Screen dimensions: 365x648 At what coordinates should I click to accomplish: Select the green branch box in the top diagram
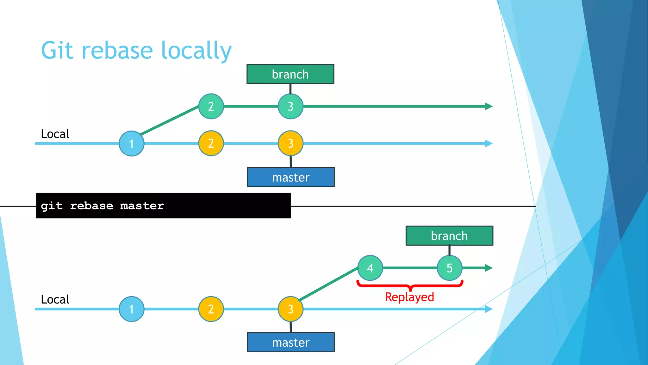(x=290, y=74)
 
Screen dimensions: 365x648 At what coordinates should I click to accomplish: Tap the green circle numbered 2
(x=211, y=106)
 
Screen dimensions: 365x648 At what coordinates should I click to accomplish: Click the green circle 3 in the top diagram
(x=290, y=106)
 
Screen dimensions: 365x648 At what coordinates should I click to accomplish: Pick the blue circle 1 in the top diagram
(x=132, y=144)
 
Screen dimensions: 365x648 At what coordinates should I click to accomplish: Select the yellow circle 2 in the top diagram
(x=211, y=143)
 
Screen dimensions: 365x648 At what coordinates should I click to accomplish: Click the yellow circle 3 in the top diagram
(x=290, y=143)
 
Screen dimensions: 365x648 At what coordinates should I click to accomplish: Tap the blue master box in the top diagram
(x=290, y=177)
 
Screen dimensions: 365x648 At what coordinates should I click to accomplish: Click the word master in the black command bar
(x=142, y=206)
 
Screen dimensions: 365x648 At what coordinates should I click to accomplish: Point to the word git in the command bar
(x=52, y=206)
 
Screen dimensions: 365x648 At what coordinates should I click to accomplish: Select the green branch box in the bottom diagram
(x=449, y=236)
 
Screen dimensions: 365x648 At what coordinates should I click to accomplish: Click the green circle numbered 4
(x=370, y=268)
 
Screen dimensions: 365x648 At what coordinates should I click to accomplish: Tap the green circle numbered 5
(x=450, y=268)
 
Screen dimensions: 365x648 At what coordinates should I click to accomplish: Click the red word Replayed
(x=409, y=297)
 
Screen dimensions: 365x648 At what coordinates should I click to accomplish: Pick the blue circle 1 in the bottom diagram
(x=132, y=309)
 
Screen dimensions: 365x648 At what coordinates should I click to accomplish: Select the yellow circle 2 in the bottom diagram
(x=211, y=309)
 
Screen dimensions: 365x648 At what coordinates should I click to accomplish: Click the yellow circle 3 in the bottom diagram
(x=290, y=309)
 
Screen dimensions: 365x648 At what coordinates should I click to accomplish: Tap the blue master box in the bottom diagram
(x=290, y=342)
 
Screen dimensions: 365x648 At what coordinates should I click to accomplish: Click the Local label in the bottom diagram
(x=55, y=299)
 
